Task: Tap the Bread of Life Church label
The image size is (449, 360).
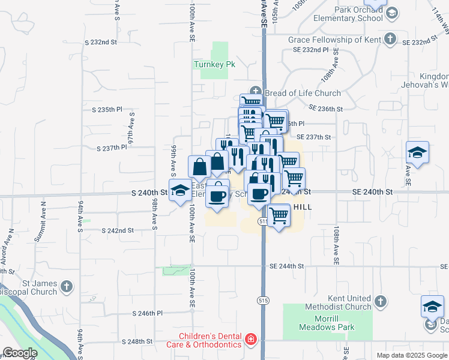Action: tap(302, 93)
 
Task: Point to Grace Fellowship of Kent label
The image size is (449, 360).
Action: tap(334, 40)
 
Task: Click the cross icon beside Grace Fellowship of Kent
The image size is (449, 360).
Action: tap(390, 40)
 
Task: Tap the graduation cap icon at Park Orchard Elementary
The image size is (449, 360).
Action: tap(391, 13)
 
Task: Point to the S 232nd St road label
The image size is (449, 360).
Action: tap(100, 43)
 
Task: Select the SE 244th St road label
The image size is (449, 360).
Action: tap(288, 266)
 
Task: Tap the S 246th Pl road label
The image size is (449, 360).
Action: tap(147, 313)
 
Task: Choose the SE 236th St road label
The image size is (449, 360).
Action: tap(326, 109)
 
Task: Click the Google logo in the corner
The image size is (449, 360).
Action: tap(20, 353)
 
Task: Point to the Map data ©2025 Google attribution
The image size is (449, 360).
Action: tap(412, 355)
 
